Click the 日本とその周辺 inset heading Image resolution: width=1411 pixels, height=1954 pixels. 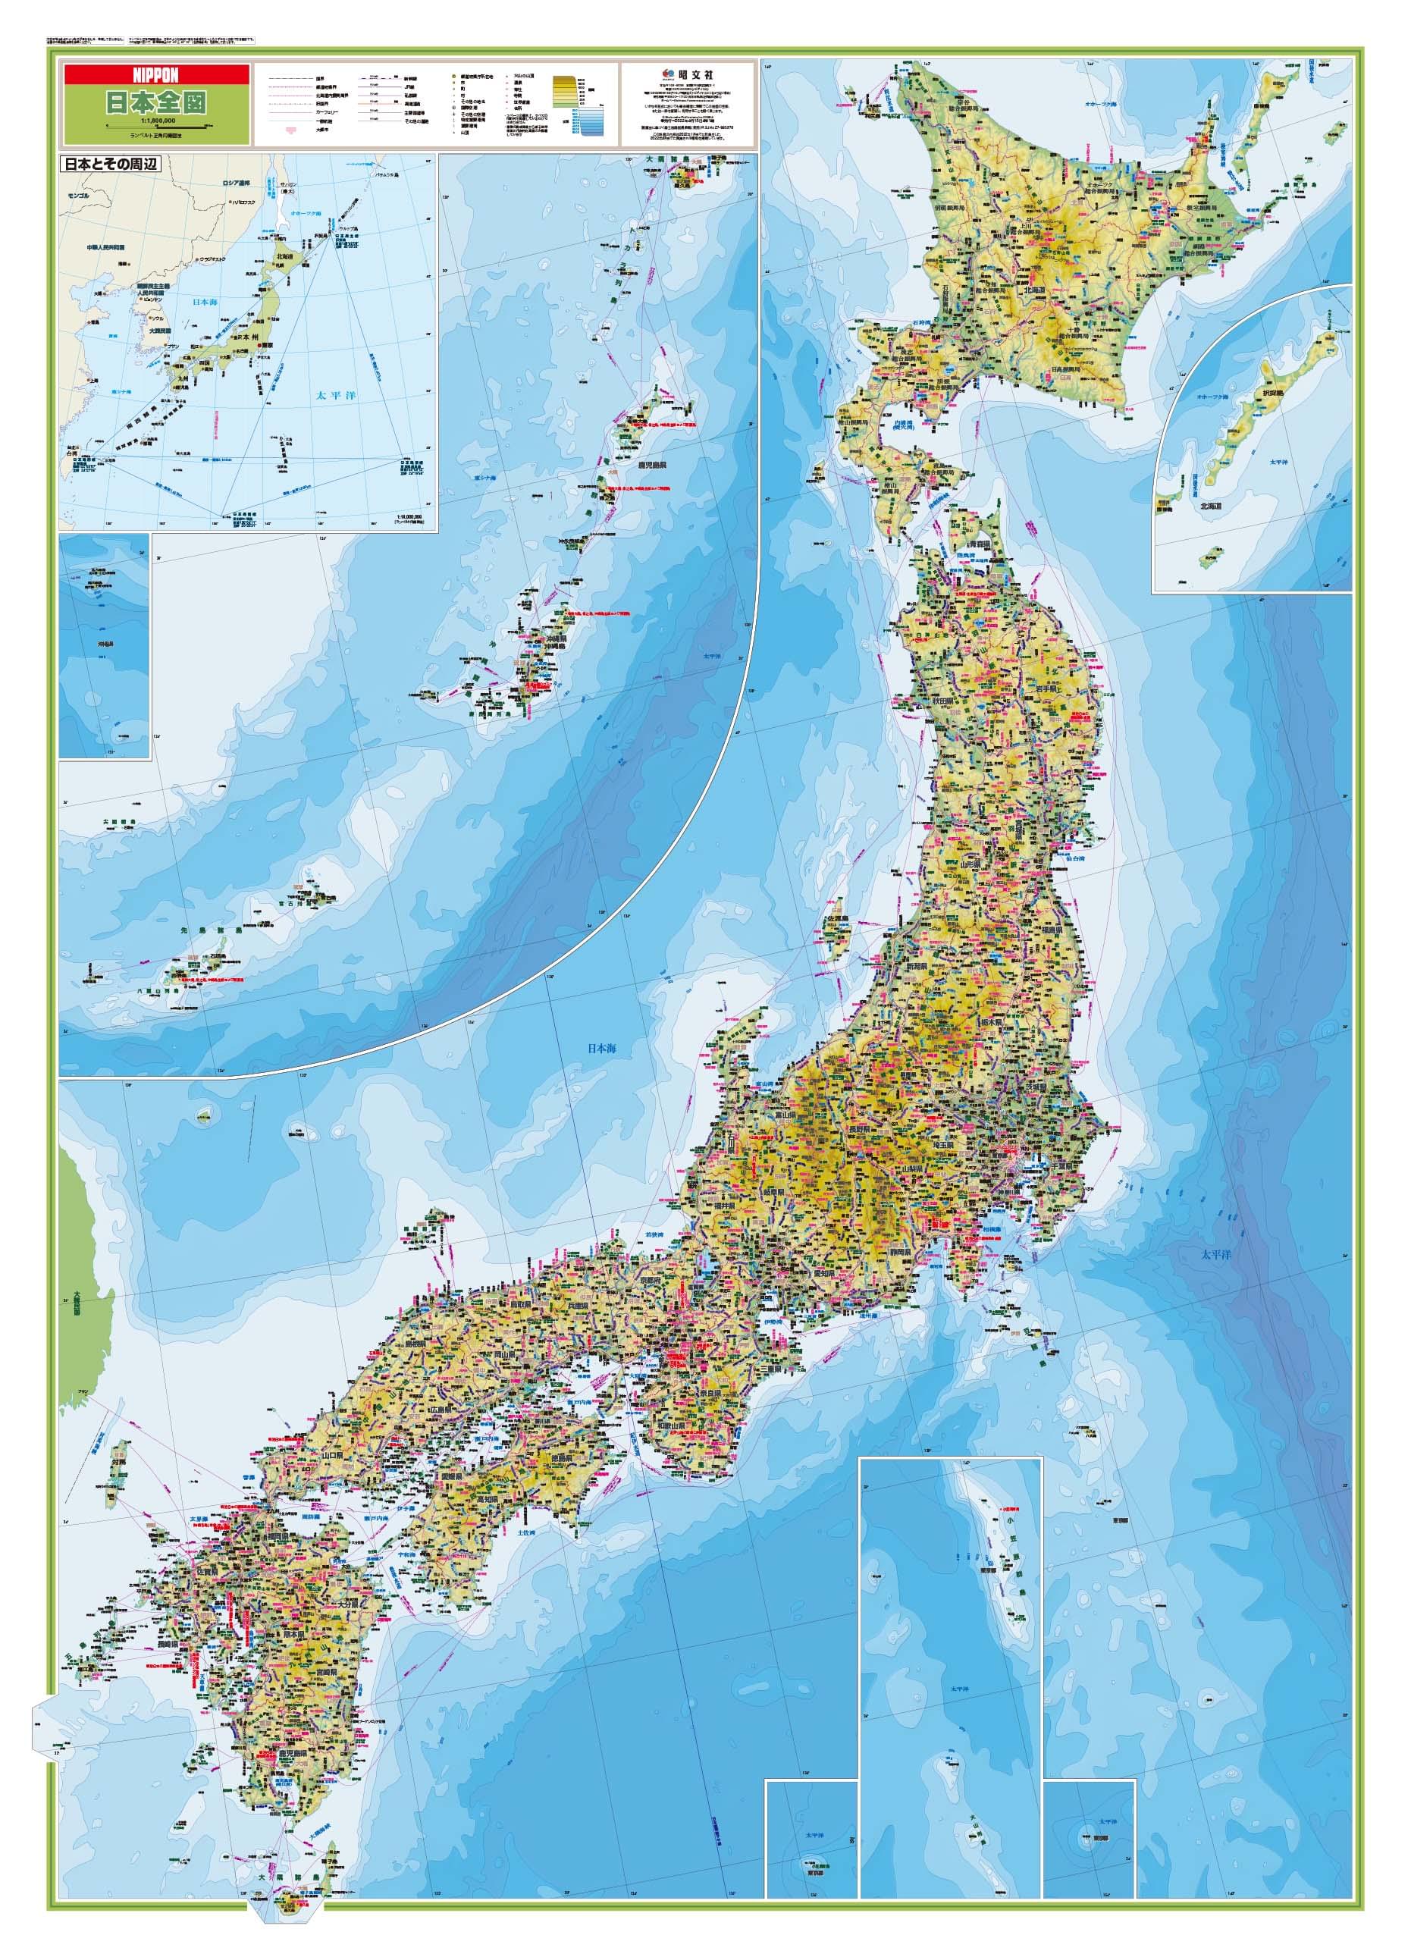[x=108, y=164]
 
